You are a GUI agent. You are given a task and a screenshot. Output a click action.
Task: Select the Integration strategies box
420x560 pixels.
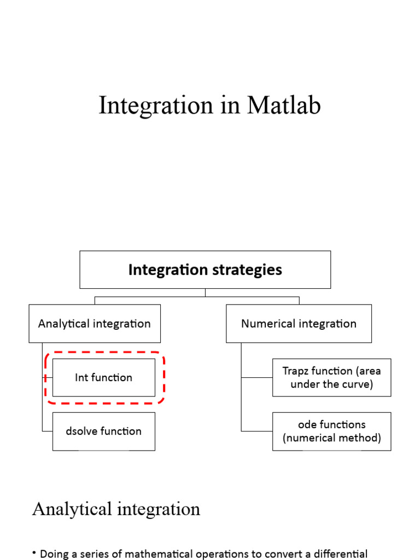(205, 270)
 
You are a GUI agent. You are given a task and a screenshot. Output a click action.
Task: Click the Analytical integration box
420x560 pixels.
(94, 323)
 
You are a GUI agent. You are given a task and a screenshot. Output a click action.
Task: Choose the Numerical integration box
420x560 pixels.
(299, 323)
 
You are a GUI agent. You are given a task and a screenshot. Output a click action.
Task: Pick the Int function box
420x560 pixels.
(103, 377)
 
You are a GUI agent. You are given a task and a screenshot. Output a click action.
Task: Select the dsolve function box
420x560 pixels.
(103, 431)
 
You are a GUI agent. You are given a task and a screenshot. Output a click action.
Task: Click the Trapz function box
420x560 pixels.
(331, 377)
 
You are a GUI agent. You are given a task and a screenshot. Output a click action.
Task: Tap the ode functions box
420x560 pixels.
(331, 431)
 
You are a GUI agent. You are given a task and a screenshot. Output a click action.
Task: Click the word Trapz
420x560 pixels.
(295, 371)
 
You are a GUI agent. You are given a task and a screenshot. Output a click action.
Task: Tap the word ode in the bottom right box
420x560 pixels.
(308, 424)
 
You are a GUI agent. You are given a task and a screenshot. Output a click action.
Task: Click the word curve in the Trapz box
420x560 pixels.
(358, 384)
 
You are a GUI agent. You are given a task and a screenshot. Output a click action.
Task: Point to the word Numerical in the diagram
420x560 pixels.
(265, 323)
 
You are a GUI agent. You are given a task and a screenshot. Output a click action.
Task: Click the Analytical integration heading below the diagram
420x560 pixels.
(116, 509)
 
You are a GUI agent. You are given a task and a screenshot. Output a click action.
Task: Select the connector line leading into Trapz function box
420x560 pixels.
(256, 377)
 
